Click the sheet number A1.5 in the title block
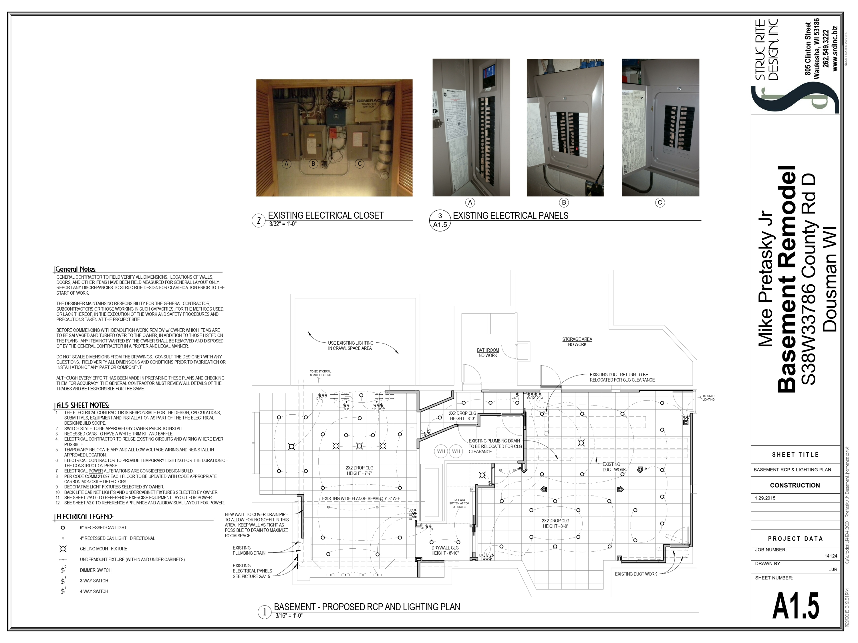tap(796, 606)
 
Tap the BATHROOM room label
tap(488, 350)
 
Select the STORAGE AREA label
tap(577, 340)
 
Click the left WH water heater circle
tap(441, 451)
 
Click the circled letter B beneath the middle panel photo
tap(564, 203)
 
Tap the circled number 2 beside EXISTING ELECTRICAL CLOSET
tap(258, 221)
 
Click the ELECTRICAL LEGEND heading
tap(85, 517)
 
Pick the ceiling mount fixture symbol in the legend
tap(63, 549)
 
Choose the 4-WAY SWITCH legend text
tap(94, 592)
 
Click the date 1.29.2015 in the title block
tap(765, 498)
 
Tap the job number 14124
tap(831, 556)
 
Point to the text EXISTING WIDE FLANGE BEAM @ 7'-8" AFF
tap(361, 499)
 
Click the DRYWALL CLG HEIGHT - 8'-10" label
tap(445, 550)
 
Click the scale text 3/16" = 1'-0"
tap(289, 616)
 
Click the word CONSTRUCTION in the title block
tap(795, 485)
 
